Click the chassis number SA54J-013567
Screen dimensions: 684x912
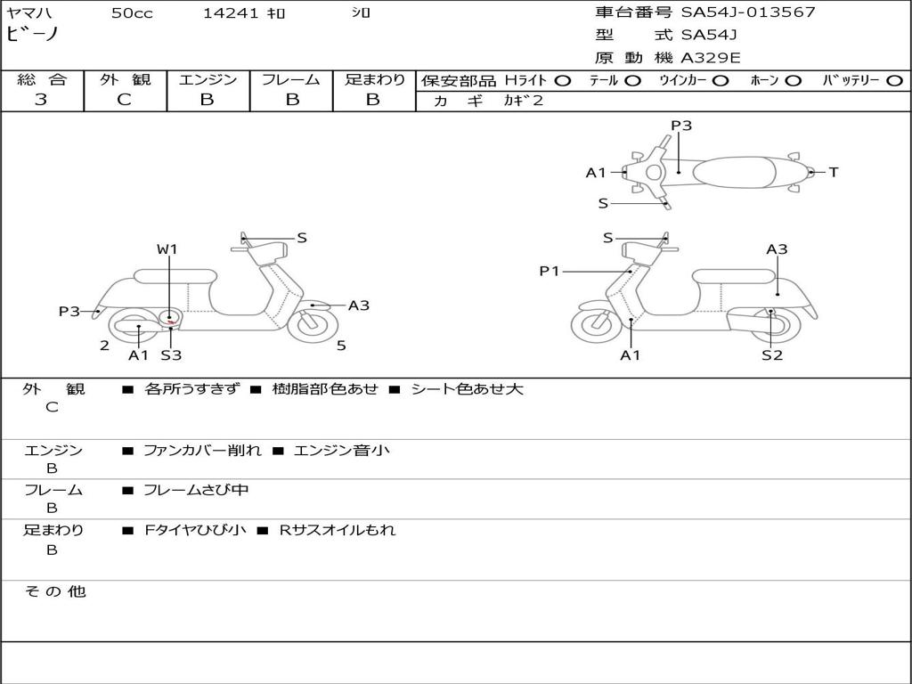(x=748, y=12)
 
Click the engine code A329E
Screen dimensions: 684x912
(x=711, y=58)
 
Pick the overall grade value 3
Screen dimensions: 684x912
(x=41, y=100)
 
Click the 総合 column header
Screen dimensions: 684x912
(x=42, y=80)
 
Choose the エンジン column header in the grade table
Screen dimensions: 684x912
(x=208, y=80)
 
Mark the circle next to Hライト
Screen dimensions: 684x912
(x=562, y=80)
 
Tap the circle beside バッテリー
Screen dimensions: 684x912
(x=894, y=80)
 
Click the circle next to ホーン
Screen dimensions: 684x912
(x=793, y=80)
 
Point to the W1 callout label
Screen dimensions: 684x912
(x=167, y=249)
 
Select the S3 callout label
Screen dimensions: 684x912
(x=171, y=355)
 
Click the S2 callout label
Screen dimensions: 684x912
(x=771, y=355)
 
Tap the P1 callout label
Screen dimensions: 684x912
(x=550, y=271)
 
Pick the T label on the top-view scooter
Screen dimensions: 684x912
(x=834, y=173)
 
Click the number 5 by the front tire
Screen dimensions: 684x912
(x=341, y=346)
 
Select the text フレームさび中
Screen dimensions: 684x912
(x=196, y=490)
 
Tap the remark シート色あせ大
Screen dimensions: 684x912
(x=467, y=389)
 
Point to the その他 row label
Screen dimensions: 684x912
(x=54, y=591)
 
